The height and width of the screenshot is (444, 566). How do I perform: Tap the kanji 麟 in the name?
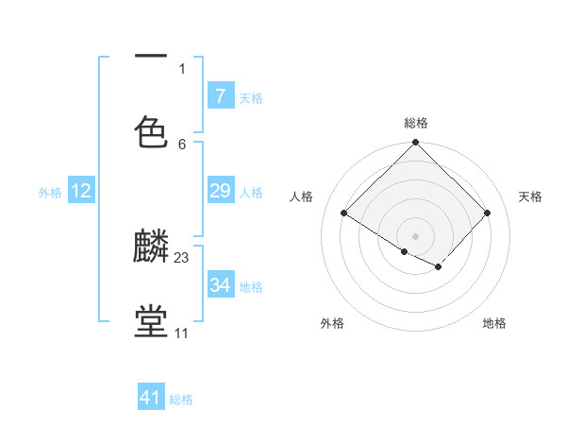click(151, 247)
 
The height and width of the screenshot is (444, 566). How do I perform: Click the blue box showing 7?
click(220, 96)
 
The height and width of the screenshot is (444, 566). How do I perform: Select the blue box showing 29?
click(220, 192)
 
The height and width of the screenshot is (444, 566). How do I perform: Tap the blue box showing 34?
click(220, 285)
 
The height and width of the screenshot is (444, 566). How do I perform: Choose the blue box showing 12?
click(81, 192)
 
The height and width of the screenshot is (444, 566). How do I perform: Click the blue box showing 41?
click(151, 398)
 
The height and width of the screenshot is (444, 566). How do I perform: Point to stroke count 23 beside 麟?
click(182, 257)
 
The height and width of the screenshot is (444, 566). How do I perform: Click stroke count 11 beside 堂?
click(181, 333)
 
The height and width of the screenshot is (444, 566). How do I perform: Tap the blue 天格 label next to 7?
click(251, 97)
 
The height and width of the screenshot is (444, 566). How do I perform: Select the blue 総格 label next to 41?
click(182, 399)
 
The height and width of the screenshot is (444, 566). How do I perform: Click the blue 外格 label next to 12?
click(50, 193)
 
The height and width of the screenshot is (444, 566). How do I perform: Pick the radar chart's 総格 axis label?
click(415, 123)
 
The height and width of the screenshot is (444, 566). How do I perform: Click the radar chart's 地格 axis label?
click(494, 323)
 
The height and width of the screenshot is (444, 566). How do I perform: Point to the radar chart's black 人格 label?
click(302, 196)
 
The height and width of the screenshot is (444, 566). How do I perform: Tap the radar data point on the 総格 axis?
click(415, 144)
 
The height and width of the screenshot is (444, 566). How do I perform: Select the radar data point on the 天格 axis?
click(487, 213)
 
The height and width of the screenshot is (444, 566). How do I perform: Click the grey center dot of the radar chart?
click(415, 235)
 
